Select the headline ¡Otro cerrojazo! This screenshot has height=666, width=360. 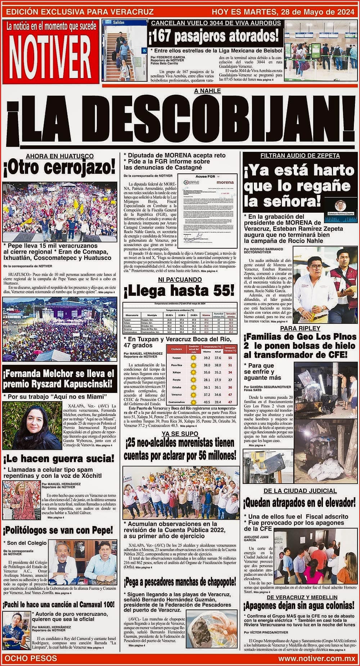(x=60, y=168)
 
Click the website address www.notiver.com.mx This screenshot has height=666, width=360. (x=317, y=658)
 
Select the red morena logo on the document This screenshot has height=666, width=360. (x=225, y=182)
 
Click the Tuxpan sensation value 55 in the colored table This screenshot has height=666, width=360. (x=230, y=358)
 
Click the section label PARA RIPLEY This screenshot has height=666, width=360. (x=300, y=328)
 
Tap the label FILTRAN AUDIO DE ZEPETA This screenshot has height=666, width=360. (x=300, y=156)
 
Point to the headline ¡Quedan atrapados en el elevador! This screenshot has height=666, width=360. (x=300, y=502)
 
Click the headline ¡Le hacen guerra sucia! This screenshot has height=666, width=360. (x=59, y=459)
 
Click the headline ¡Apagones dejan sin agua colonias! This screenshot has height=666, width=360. (x=300, y=605)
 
